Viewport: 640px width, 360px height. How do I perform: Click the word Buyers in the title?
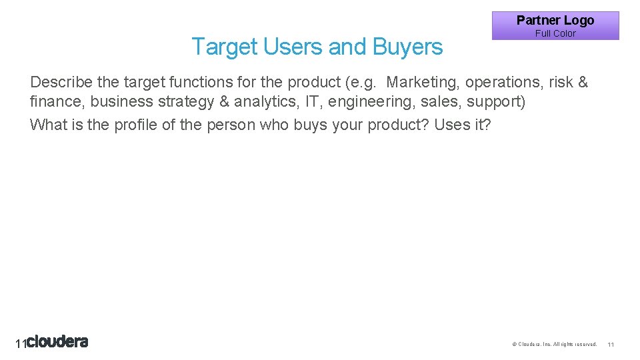click(407, 47)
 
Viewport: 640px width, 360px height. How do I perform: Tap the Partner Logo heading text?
click(555, 20)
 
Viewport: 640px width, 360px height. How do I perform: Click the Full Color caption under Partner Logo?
click(555, 33)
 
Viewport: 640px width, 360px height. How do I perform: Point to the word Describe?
click(61, 82)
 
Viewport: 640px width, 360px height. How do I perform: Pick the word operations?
click(502, 82)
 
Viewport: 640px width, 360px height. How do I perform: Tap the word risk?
click(561, 82)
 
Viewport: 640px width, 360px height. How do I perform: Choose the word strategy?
click(180, 102)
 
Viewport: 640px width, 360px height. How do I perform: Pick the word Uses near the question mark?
click(451, 124)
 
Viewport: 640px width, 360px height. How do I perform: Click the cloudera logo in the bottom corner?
click(57, 342)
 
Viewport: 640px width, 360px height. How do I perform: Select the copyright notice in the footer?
click(554, 344)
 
